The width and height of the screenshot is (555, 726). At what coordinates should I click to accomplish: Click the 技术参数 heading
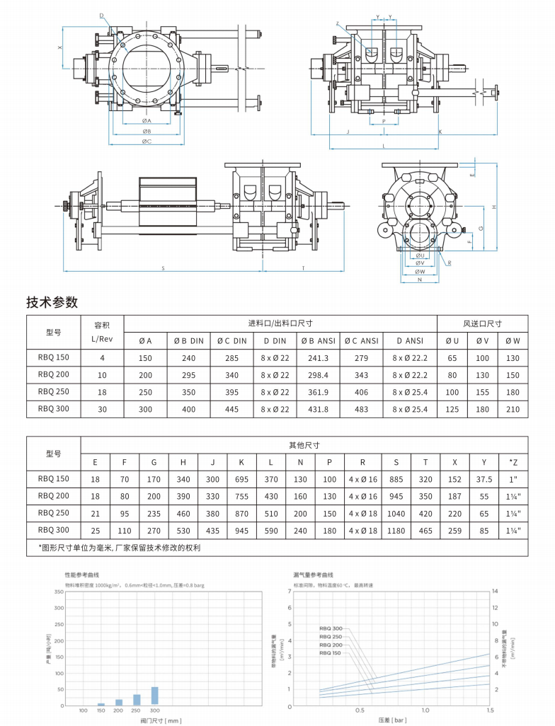click(52, 302)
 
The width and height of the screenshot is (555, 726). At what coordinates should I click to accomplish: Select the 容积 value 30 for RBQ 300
click(102, 409)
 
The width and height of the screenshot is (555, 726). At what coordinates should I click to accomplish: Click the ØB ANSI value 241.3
click(319, 358)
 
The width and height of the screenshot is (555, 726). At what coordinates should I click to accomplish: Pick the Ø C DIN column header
click(231, 341)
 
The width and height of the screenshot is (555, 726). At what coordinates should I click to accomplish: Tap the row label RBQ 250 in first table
click(54, 392)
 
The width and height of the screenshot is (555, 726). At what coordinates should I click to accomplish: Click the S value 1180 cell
click(396, 529)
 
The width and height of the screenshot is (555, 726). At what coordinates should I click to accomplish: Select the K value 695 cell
click(241, 479)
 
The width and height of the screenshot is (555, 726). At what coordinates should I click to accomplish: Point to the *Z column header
click(513, 462)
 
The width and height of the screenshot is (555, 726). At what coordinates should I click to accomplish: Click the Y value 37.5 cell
click(484, 479)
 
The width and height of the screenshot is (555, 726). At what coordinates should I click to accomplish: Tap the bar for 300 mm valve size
click(155, 696)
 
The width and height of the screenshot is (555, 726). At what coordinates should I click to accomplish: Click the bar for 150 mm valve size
click(101, 704)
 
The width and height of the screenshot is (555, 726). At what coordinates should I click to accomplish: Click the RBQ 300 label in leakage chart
click(331, 628)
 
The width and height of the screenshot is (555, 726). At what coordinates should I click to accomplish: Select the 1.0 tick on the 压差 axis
click(425, 710)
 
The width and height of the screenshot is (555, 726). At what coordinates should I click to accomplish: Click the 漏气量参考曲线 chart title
click(313, 576)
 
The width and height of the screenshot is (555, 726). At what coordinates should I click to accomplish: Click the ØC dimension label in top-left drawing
click(147, 142)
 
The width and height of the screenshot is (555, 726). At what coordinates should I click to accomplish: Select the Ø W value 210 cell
click(513, 409)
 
